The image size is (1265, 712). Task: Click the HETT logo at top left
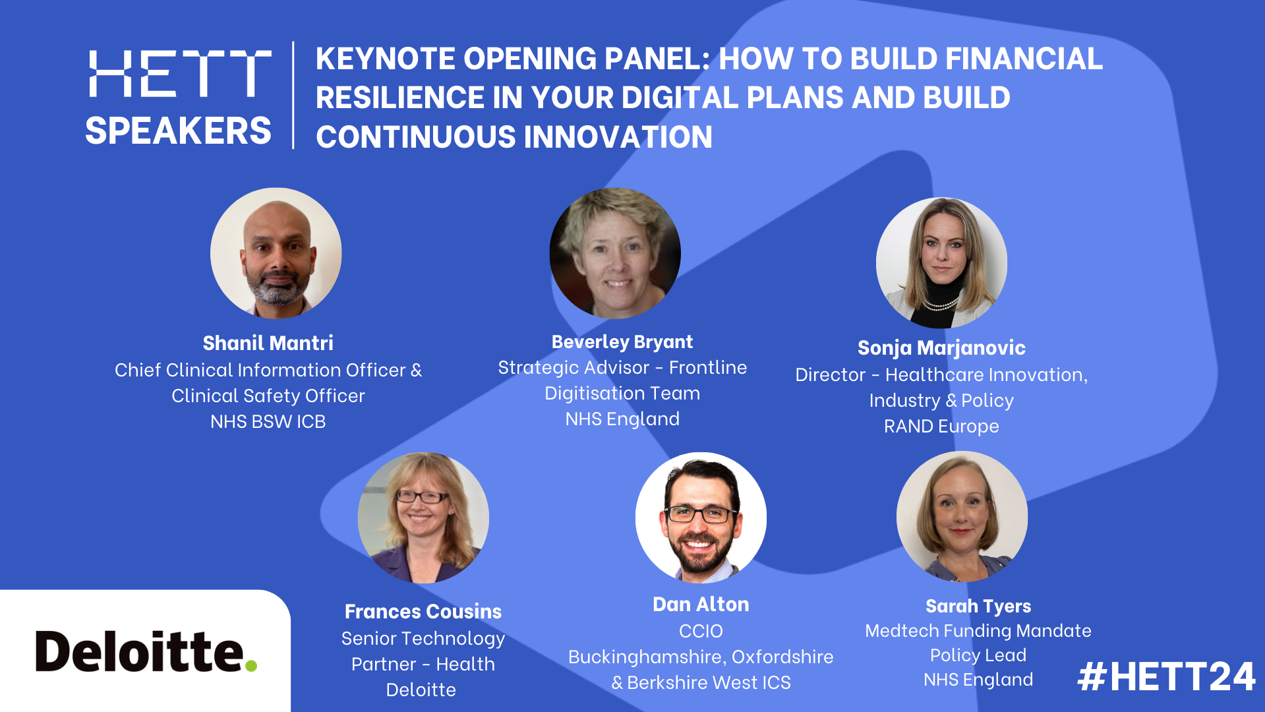179,73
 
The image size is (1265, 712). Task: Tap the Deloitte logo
146,651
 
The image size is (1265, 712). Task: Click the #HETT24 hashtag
1165,677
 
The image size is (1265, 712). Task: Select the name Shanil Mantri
268,343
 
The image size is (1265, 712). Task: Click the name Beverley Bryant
622,341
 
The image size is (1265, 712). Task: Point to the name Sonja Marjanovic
941,347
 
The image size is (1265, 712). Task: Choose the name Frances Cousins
423,611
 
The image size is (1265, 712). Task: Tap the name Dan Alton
700,604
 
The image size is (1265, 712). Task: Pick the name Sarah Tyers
978,606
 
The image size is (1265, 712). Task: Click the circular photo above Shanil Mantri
276,253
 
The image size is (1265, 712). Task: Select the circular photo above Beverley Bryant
614,253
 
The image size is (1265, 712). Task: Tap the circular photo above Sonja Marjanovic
941,262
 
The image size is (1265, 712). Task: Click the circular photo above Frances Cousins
423,518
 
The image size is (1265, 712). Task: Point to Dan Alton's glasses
700,514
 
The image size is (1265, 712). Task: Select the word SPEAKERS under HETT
178,130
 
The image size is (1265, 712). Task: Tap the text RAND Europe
941,426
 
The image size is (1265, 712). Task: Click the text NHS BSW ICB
268,421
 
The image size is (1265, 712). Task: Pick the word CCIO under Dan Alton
700,631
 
